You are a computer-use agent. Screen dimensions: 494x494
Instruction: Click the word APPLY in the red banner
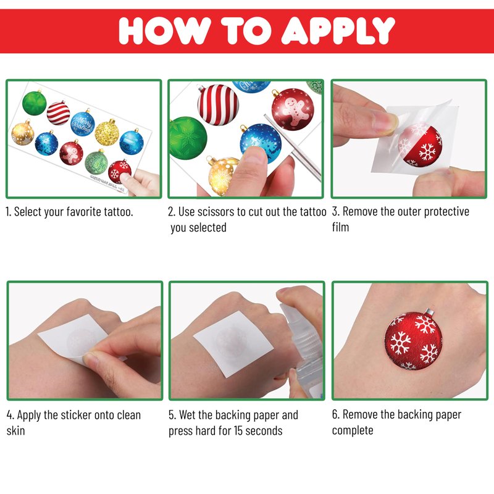[338, 30]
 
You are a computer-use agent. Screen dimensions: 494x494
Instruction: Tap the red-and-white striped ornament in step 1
[58, 113]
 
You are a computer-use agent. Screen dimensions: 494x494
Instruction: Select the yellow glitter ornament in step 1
[107, 132]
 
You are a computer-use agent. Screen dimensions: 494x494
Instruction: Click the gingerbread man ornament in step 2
[292, 109]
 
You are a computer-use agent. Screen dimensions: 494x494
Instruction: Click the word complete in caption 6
[353, 430]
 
